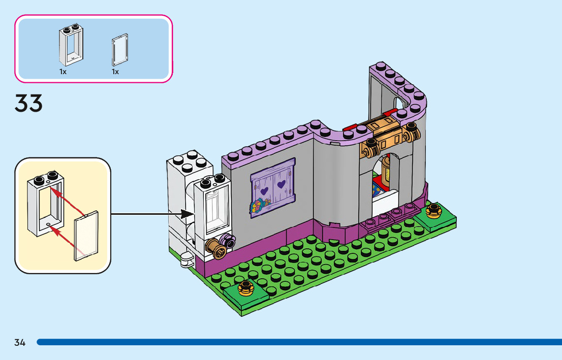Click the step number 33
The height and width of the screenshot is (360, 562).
[x=28, y=104]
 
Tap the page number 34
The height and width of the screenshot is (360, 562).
[x=20, y=342]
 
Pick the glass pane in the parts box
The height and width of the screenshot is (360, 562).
[x=119, y=49]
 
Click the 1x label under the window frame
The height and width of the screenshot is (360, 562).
[x=63, y=72]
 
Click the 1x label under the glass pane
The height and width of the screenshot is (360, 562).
[x=115, y=72]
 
